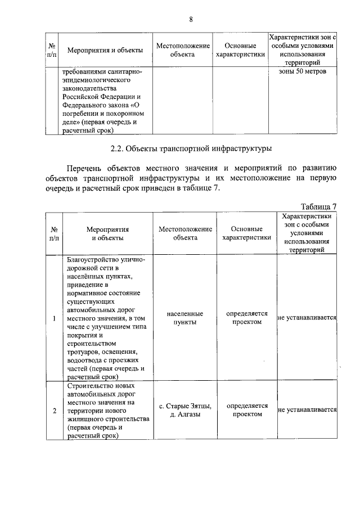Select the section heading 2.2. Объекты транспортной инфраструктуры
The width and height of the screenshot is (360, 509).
coord(191,149)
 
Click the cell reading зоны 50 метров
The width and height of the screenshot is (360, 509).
coord(303,71)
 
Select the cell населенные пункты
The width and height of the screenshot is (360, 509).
coord(185,318)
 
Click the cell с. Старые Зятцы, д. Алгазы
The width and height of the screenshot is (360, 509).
coord(185,410)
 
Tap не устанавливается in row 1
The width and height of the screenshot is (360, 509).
coord(307,318)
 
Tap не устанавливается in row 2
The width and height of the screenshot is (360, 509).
coord(307,411)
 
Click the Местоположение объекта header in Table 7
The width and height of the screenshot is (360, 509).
coord(185,233)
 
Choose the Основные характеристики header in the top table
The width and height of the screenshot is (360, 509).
coord(240,50)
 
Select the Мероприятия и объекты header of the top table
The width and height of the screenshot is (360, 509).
coord(105,50)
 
